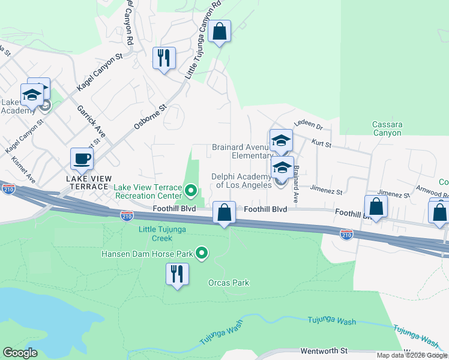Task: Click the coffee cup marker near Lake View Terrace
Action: coord(82,160)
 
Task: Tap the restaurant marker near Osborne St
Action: coord(164,59)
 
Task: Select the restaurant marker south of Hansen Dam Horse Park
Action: coord(177,275)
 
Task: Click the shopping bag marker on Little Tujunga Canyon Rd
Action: coord(220,32)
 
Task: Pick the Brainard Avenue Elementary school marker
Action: coord(281,142)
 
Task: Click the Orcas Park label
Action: coord(228,283)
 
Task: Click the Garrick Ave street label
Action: coord(91,122)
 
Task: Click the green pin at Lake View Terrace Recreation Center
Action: coord(191,191)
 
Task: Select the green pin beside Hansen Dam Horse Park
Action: coord(202,254)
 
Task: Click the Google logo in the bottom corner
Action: coord(20,353)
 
